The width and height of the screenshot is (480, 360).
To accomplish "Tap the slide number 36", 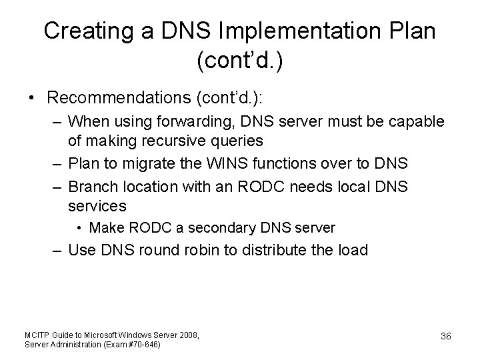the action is (445, 337).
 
